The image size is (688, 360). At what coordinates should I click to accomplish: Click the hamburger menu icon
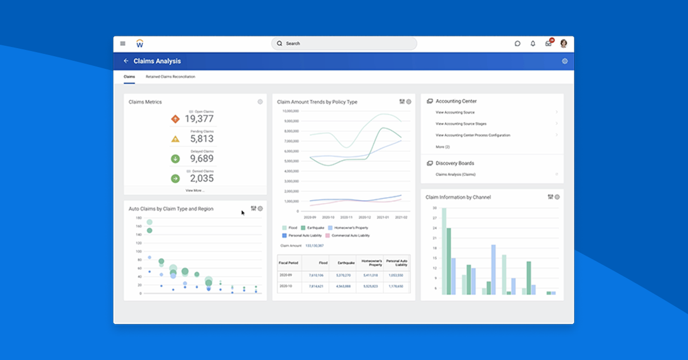tap(123, 44)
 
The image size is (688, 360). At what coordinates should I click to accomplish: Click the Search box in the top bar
tap(344, 44)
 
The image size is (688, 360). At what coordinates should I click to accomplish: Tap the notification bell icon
tap(533, 44)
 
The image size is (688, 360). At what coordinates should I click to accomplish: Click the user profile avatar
tap(564, 44)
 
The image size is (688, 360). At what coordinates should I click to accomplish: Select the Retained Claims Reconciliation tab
tap(170, 77)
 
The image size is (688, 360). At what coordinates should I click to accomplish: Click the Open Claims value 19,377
tap(199, 119)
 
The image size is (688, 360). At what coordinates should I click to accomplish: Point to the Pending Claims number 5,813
tap(202, 139)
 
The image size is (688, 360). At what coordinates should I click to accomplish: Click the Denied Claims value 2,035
tap(202, 178)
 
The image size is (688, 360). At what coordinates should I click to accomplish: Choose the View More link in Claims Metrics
tap(195, 190)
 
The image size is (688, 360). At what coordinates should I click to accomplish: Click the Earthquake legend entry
tap(313, 228)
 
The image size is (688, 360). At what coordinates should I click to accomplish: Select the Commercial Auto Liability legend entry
tap(347, 236)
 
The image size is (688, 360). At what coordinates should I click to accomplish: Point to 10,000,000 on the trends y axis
tap(291, 111)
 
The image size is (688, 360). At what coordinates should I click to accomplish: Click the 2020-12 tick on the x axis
tap(365, 218)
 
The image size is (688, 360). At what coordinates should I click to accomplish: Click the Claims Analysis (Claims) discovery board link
tap(455, 174)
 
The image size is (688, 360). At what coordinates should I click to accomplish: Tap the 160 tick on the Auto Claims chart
tap(138, 226)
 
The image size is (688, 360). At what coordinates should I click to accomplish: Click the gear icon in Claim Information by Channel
tap(557, 197)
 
